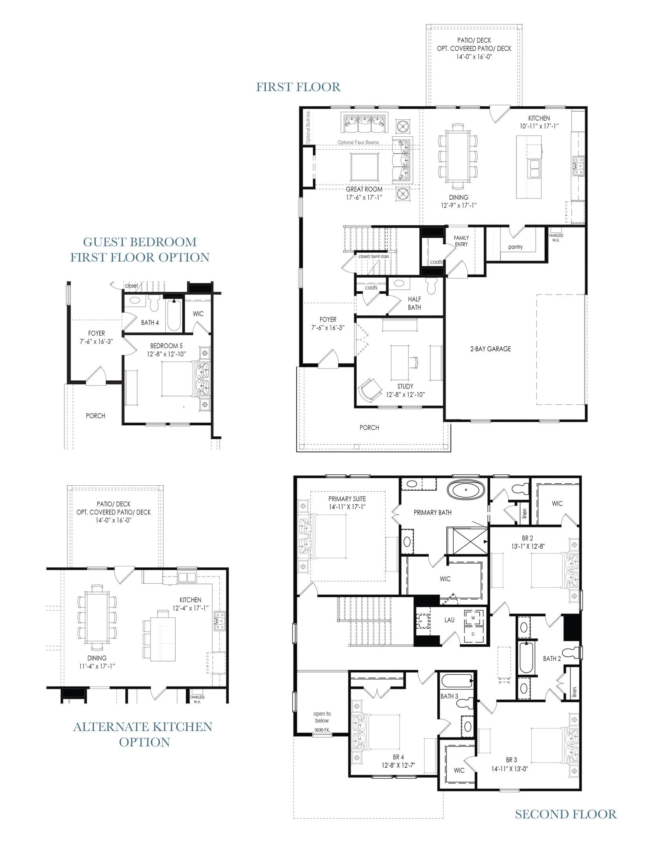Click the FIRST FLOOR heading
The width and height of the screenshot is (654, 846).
298,87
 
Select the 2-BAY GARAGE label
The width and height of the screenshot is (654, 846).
491,349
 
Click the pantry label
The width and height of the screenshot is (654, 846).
515,247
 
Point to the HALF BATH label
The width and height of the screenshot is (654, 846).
414,304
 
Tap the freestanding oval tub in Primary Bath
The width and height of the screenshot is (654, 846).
466,490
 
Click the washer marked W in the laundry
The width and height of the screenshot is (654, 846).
473,618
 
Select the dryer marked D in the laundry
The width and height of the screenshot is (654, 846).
473,634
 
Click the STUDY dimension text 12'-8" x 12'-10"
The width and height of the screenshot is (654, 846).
405,394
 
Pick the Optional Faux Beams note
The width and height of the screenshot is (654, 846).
358,143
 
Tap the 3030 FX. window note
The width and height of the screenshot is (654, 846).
322,730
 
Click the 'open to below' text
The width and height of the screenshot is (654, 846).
322,717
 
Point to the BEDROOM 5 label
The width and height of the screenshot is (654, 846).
166,346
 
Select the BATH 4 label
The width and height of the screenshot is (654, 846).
150,323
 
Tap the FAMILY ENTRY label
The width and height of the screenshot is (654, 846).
461,241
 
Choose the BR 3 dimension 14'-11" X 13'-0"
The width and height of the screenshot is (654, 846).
510,769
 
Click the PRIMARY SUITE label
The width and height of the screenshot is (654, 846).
347,499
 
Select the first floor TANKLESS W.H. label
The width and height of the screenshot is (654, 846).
556,238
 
